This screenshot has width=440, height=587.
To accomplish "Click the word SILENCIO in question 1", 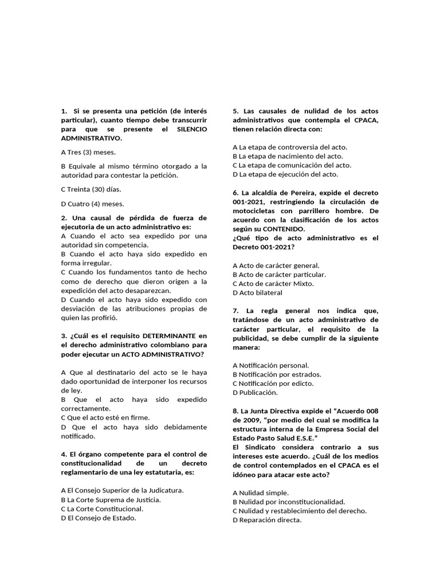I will click(x=192, y=129).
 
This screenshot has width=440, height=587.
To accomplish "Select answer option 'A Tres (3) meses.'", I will click(x=88, y=152).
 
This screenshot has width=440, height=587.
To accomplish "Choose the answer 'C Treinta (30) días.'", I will click(x=91, y=189).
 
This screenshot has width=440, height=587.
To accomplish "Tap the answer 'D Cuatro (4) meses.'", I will click(x=92, y=204).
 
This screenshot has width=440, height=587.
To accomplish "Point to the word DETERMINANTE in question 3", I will click(x=167, y=335).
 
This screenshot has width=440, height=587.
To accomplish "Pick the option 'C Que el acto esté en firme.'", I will click(x=105, y=418).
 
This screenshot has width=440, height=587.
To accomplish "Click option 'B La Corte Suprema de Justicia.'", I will click(x=111, y=499).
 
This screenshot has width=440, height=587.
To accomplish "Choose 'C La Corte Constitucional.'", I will click(x=102, y=508).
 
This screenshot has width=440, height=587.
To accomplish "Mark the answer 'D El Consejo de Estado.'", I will click(x=99, y=518).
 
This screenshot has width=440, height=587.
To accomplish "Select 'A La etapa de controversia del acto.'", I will click(x=290, y=147).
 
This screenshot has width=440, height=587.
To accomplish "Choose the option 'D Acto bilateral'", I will click(x=258, y=292).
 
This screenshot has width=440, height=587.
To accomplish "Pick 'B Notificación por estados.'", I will click(x=277, y=374).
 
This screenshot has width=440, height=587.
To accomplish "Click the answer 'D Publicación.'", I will click(x=256, y=393).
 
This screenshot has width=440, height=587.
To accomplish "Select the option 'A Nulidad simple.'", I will click(x=261, y=492).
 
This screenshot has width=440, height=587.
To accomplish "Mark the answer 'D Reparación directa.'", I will click(x=267, y=520).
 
